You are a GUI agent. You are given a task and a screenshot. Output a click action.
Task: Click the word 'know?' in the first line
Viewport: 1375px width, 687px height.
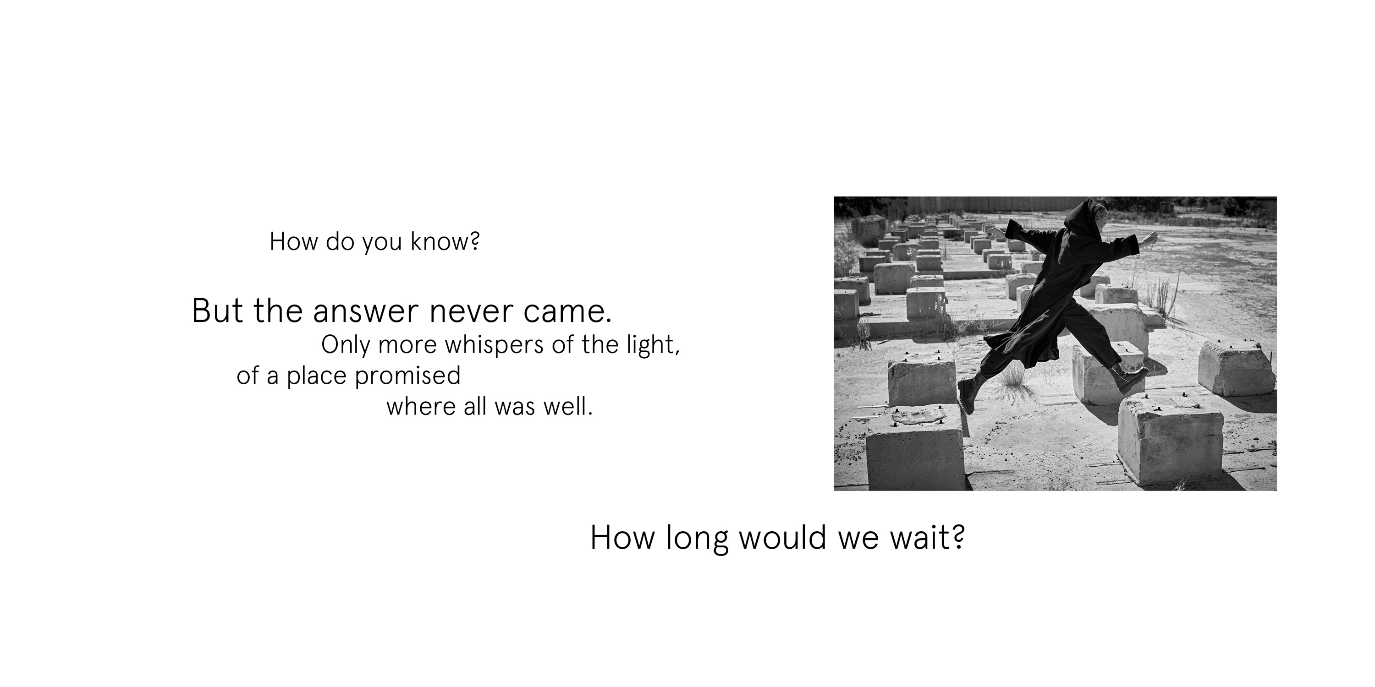[x=445, y=242]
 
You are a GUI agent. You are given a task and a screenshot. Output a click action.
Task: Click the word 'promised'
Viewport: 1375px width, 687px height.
[x=407, y=376]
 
